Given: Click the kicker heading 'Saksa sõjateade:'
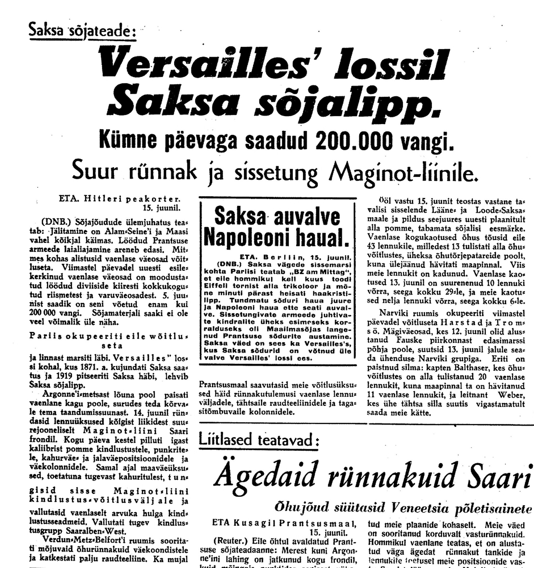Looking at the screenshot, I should click(82, 31).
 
